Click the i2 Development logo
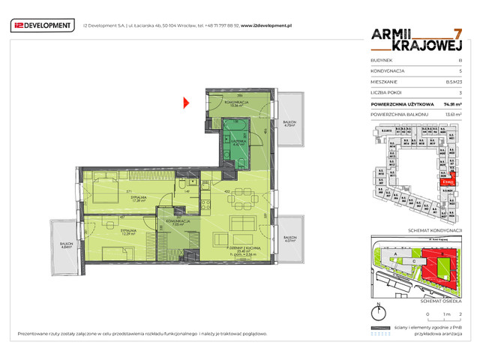click(x=43, y=26)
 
